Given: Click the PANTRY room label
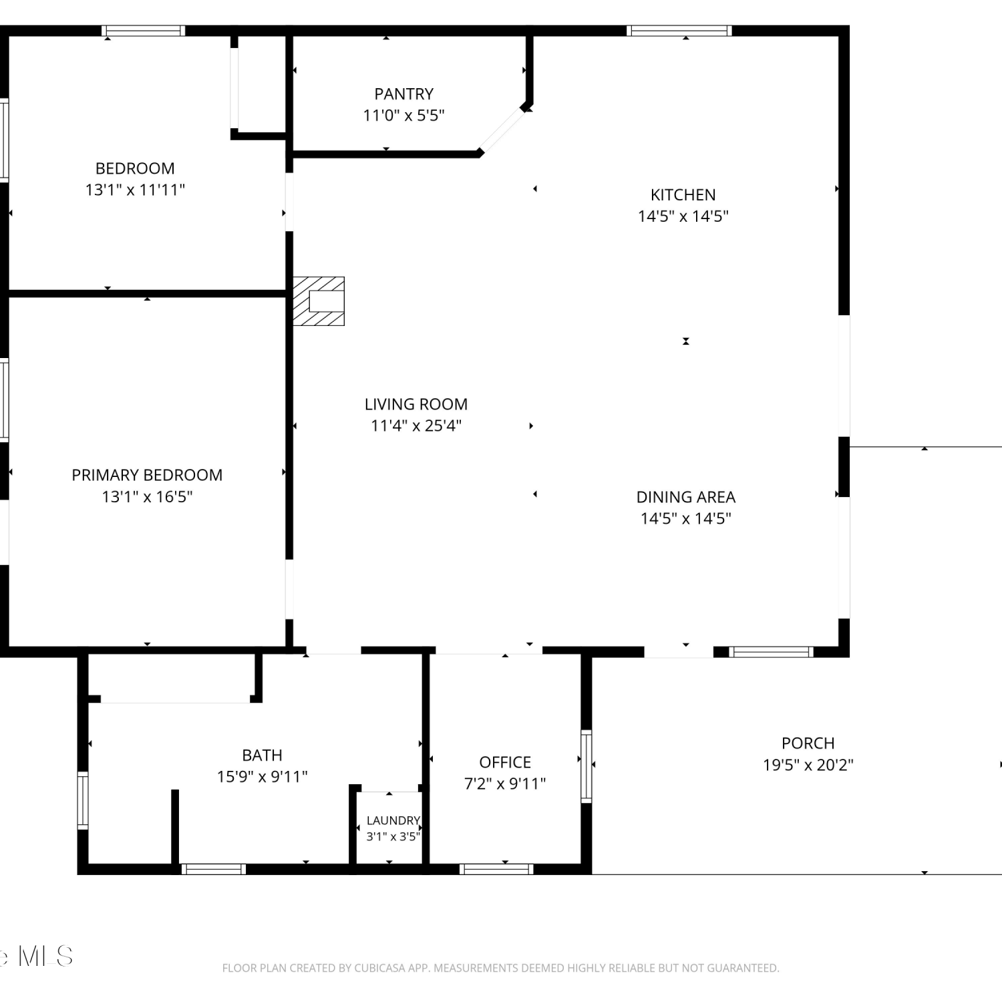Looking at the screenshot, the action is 403,94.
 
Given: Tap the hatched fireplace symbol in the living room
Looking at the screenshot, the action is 319,301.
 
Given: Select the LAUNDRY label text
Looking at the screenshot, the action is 393,820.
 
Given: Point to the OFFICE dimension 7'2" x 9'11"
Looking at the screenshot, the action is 505,784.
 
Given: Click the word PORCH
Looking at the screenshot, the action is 808,743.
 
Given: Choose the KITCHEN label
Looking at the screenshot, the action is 683,195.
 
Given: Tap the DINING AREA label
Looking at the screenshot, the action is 685,497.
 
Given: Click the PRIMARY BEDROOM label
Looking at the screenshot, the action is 147,475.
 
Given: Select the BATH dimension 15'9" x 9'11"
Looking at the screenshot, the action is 262,777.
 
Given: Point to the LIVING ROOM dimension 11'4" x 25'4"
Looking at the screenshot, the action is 416,426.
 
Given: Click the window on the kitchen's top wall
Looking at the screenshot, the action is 679,31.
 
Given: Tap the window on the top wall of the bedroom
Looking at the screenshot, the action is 143,31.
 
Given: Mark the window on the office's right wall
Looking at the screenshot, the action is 587,766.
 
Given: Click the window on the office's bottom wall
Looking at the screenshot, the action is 496,869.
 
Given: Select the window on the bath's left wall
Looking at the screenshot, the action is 83,800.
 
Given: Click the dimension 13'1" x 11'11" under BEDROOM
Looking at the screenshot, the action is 135,190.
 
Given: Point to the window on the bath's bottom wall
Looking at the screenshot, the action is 214,869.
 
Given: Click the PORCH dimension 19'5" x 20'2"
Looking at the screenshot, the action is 808,765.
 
